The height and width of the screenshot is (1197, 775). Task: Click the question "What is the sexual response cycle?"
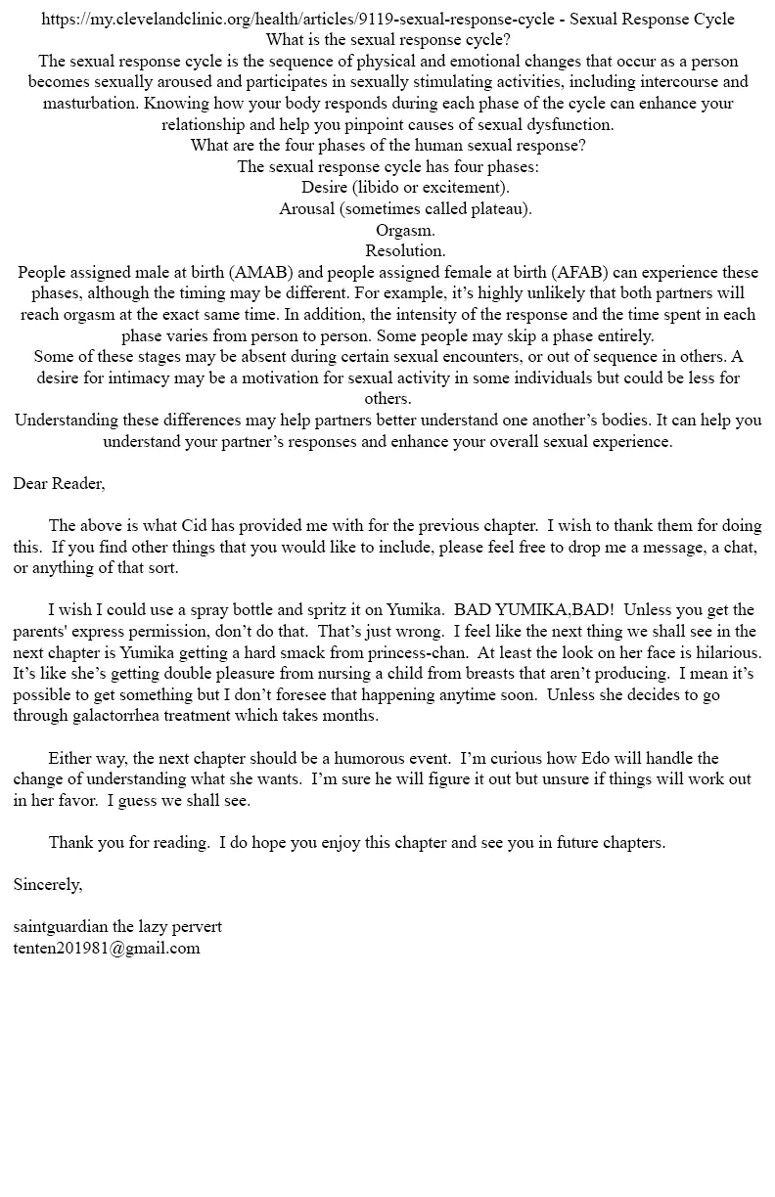[x=387, y=40]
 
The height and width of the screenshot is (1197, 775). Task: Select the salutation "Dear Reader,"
[x=59, y=483]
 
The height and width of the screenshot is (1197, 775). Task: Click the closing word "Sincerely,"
[x=48, y=884]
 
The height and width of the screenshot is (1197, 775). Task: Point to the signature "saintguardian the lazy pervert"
[x=117, y=926]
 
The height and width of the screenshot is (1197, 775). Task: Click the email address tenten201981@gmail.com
[x=107, y=948]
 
